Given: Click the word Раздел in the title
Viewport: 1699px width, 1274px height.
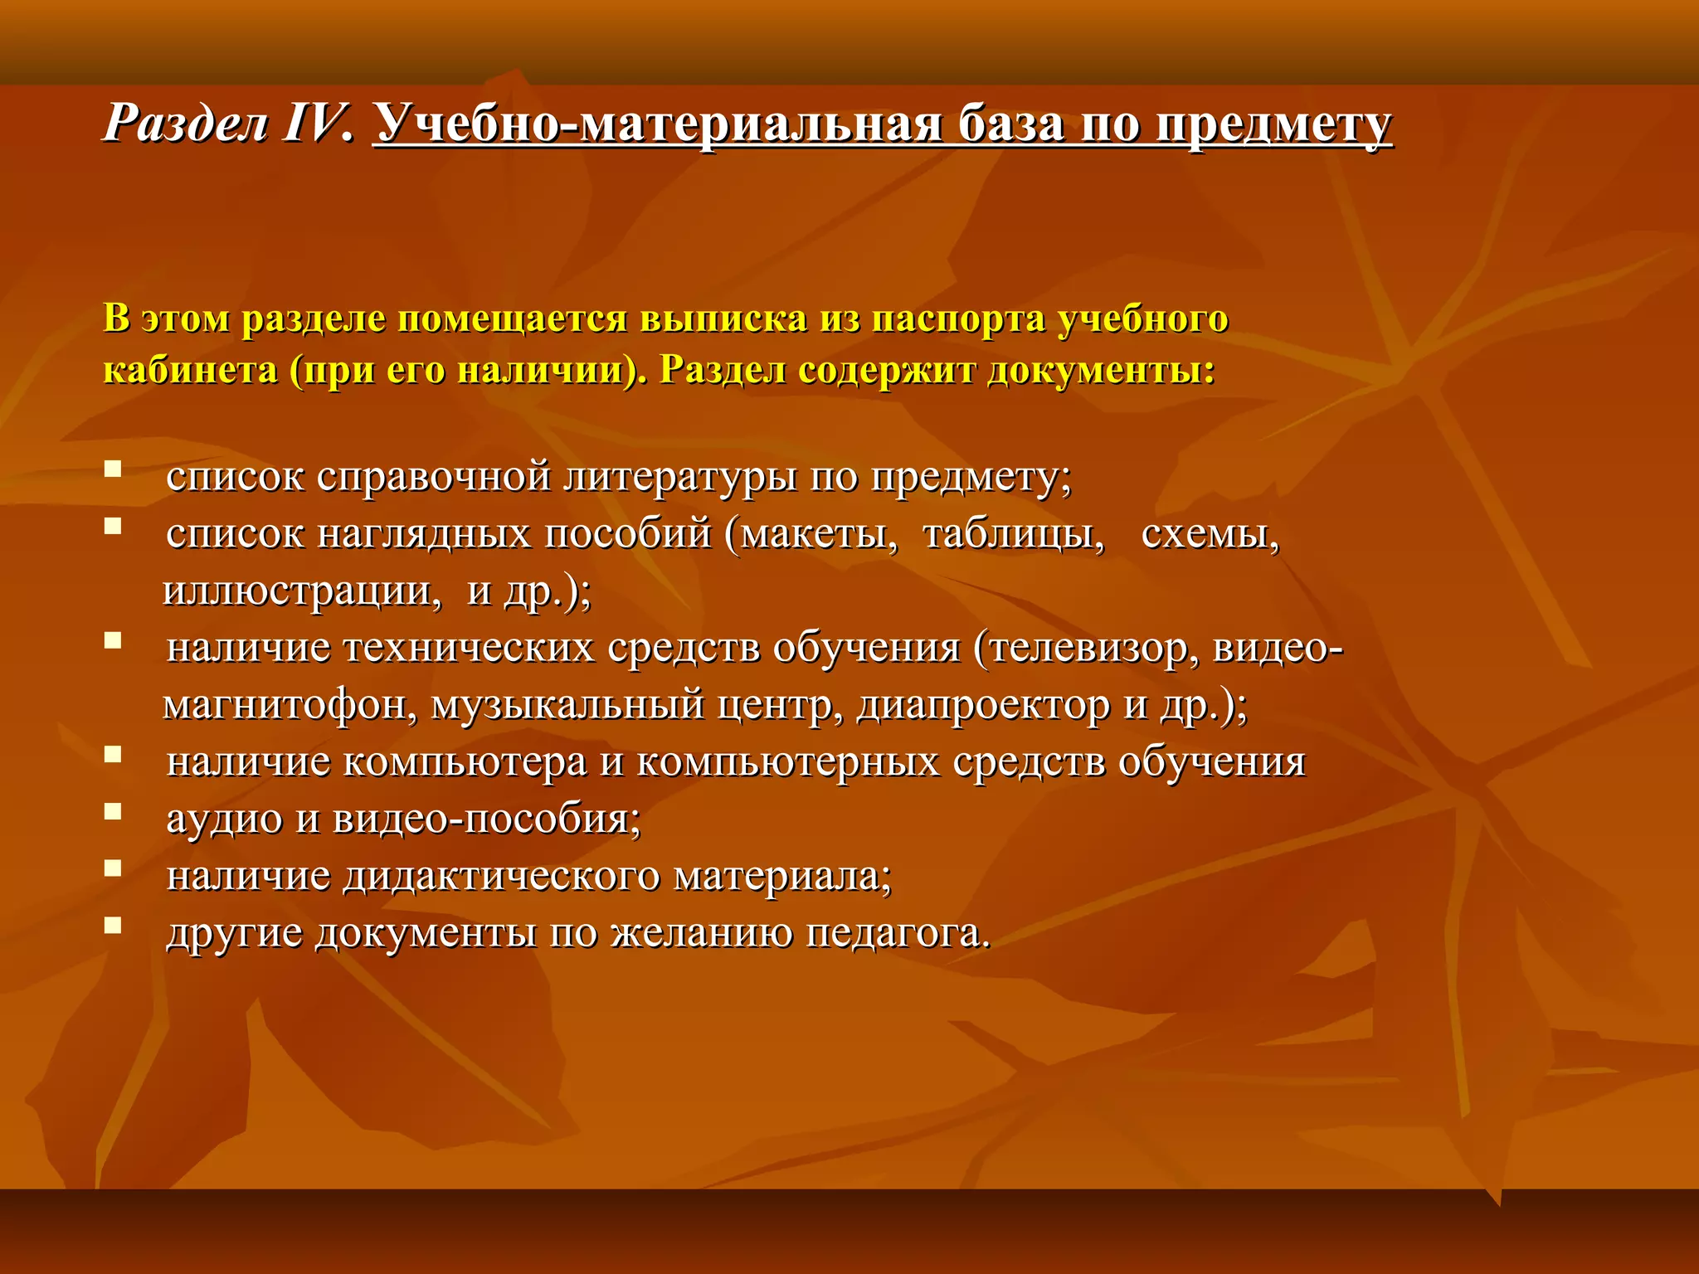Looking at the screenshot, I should pos(186,125).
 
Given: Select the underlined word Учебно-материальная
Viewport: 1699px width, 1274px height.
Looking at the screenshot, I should pos(657,125).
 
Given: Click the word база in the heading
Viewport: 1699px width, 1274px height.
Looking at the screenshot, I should pos(1011,125).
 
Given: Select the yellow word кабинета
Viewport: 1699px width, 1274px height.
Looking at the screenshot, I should pos(190,370).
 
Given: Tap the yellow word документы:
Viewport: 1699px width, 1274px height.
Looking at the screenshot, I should pos(1101,370).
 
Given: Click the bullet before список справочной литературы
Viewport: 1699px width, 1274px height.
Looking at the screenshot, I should pos(113,469).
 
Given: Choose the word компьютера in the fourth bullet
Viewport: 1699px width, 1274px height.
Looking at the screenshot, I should pos(465,762).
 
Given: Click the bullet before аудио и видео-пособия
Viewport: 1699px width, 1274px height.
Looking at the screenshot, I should pos(113,811).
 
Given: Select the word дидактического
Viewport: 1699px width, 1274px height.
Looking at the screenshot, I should pos(501,877).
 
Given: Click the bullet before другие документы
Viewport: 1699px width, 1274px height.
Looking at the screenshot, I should pos(113,925).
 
